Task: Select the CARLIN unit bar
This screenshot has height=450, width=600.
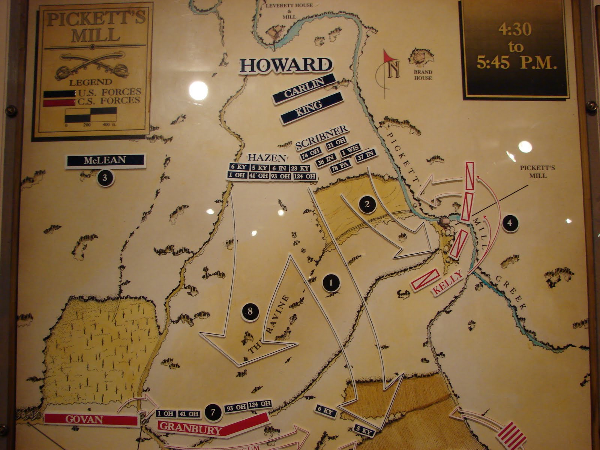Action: (304, 87)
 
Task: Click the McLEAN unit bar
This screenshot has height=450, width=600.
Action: (105, 160)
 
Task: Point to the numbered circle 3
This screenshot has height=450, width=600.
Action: (105, 178)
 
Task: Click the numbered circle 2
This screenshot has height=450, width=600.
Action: (367, 204)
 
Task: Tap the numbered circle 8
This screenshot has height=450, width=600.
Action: (250, 311)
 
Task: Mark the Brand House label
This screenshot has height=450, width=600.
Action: (423, 75)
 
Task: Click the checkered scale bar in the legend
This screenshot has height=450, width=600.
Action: (91, 115)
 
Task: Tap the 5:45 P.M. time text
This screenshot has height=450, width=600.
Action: (515, 63)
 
